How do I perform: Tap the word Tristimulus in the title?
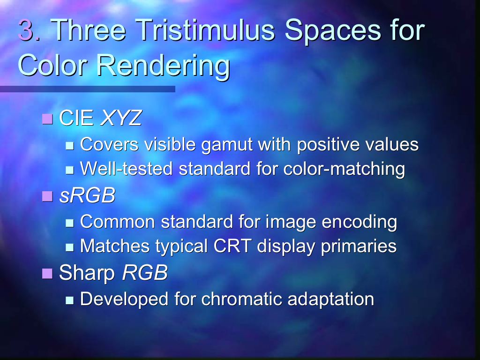[205, 30]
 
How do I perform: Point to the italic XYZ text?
[121, 118]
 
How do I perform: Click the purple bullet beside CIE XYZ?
[47, 119]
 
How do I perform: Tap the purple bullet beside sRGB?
[47, 196]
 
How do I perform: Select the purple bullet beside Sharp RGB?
[47, 273]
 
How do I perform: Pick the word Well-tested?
[126, 168]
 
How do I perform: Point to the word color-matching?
[344, 169]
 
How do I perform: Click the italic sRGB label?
[87, 195]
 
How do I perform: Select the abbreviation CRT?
[232, 246]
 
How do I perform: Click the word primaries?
[359, 247]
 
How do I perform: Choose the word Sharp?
[87, 273]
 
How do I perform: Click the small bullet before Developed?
[70, 300]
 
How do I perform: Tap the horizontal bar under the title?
[88, 89]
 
